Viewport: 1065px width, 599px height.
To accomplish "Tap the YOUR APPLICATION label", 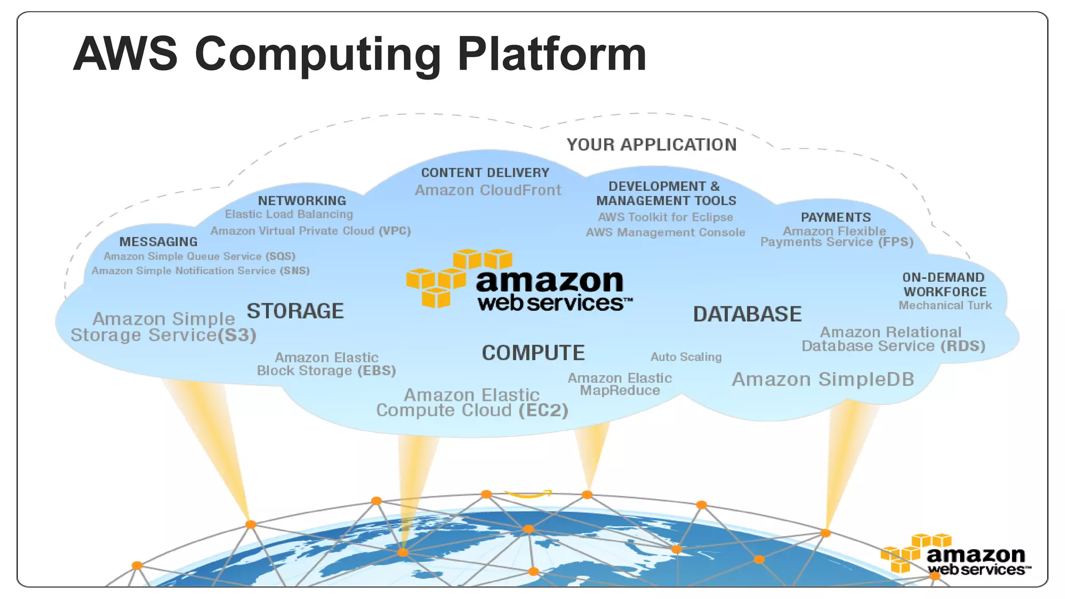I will (652, 145).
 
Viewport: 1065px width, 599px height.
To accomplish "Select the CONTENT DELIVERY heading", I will (485, 173).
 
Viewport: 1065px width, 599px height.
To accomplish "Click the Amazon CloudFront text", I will (488, 190).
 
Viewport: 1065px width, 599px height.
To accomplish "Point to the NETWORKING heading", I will (302, 201).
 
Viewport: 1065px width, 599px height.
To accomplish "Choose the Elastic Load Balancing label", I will (289, 214).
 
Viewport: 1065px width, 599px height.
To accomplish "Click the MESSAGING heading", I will (159, 242).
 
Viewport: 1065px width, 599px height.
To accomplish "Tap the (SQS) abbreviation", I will (280, 256).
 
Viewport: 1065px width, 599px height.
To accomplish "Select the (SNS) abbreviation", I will (295, 271).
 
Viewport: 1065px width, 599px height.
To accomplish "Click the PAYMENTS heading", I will (836, 217).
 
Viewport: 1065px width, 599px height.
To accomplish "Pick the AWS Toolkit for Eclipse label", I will (666, 217).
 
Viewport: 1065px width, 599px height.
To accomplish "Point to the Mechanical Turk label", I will (945, 306).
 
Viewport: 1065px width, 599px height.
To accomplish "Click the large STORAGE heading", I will (295, 311).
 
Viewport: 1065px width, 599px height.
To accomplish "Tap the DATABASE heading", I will (747, 314).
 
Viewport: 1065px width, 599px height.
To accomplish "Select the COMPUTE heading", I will (533, 353).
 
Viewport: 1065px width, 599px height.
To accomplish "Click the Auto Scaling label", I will (686, 357).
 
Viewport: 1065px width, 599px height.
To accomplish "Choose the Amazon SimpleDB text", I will (823, 380).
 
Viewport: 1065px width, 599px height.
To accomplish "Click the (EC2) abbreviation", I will (543, 410).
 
